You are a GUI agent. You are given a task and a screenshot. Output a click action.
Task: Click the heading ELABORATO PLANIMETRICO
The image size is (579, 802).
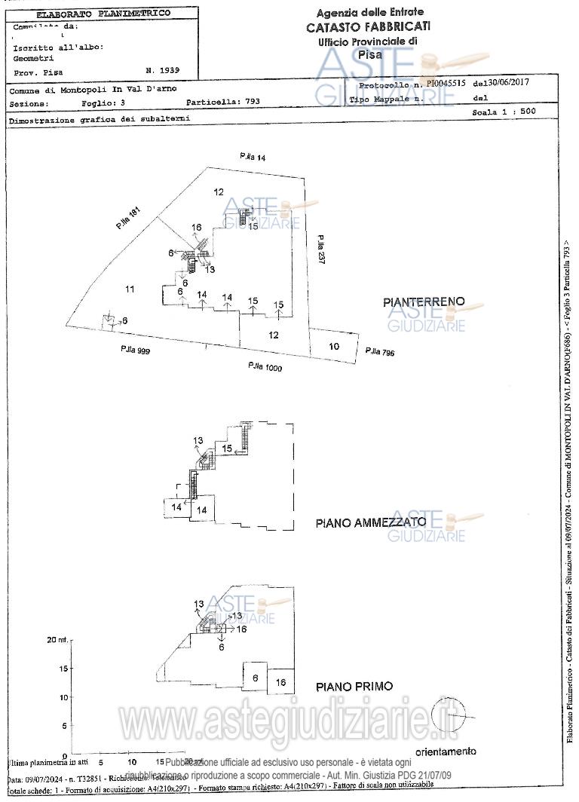(x=103, y=14)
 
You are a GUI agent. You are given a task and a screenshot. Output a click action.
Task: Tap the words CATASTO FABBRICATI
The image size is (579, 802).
(x=369, y=26)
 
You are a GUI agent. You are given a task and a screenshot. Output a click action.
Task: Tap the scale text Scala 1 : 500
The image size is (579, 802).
(x=504, y=112)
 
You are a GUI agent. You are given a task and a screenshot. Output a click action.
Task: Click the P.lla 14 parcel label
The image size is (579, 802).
(x=253, y=157)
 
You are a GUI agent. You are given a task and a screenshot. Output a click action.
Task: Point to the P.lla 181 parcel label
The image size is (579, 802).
(x=128, y=219)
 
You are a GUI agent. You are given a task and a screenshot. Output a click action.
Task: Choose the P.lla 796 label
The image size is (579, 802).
(x=379, y=352)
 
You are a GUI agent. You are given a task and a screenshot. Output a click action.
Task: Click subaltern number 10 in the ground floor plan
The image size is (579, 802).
(x=334, y=347)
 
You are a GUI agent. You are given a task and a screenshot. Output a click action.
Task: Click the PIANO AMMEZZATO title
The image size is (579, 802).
(x=370, y=522)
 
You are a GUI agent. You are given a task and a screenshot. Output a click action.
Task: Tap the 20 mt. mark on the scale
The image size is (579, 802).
(x=57, y=640)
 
